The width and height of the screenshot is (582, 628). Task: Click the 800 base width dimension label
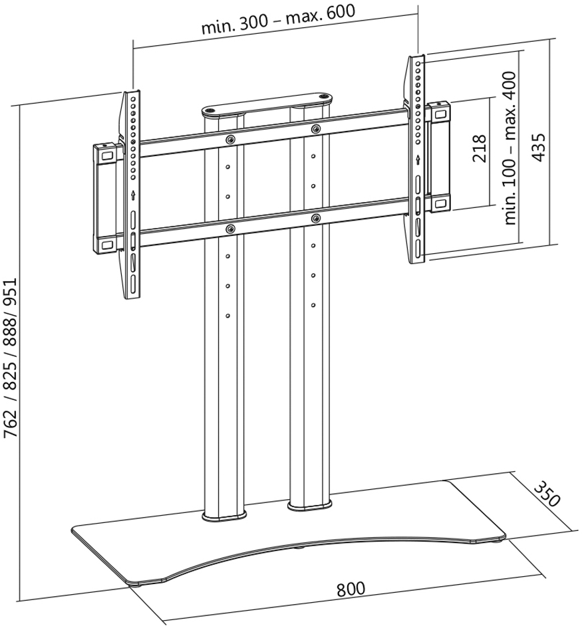point(351,589)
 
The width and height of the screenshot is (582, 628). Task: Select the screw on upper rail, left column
point(229,140)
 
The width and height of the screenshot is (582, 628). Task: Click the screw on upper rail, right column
point(314,128)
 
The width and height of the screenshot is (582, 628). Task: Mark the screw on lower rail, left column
point(229,229)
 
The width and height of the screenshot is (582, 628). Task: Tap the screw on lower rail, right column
point(314,217)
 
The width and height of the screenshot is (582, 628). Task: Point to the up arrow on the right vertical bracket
point(418,159)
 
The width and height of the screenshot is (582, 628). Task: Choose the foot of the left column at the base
point(224,514)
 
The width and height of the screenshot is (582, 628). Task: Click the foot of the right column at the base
point(309,507)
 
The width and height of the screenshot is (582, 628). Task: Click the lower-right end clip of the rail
point(440,203)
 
